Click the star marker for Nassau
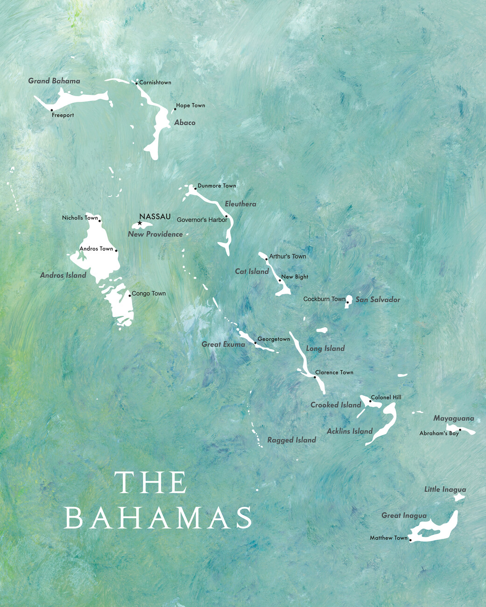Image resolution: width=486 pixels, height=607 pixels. tap(140, 223)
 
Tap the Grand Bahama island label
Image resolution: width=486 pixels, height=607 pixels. tap(54, 81)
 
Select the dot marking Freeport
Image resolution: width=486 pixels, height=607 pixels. tap(51, 110)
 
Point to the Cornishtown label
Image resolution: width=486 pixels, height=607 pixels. tap(155, 83)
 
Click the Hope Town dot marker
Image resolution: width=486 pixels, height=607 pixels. tap(175, 109)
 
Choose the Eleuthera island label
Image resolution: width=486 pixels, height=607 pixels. tap(240, 204)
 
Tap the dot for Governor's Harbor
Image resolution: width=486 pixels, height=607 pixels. tap(226, 216)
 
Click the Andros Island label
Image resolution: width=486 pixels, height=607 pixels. tap(63, 275)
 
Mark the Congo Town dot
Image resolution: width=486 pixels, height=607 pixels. tap(129, 295)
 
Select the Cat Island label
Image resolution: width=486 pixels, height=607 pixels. tap(252, 271)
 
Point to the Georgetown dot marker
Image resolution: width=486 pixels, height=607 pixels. tap(255, 343)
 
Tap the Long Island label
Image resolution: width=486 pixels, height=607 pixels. tap(325, 348)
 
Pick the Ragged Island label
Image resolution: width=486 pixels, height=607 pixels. tap(291, 440)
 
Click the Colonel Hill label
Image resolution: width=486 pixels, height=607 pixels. tap(386, 397)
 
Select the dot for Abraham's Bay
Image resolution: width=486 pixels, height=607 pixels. tap(460, 430)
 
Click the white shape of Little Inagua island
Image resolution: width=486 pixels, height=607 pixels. tap(459, 498)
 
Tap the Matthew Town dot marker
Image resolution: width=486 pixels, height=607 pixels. tap(410, 540)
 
